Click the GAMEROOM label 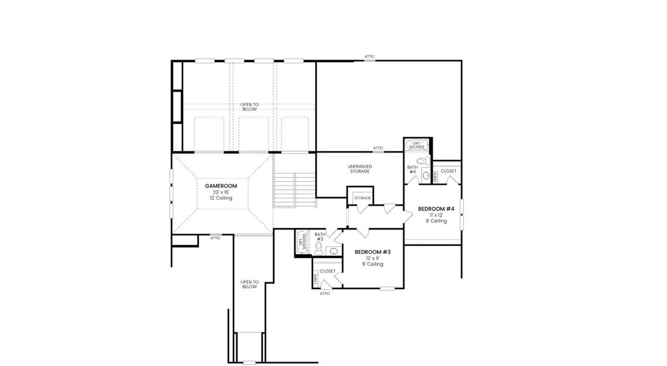(221, 185)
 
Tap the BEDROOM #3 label (372, 252)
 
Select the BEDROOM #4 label (436, 209)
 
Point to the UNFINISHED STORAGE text (359, 169)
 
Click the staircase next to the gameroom (295, 190)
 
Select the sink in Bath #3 (333, 250)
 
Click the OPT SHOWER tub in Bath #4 (417, 146)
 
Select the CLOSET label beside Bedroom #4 (448, 171)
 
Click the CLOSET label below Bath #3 (327, 271)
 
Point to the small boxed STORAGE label (362, 198)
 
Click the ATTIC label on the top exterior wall (370, 57)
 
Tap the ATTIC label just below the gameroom (215, 238)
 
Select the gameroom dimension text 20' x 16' (221, 192)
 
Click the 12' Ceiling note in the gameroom (221, 198)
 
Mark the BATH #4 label (412, 169)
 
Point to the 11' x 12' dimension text (436, 215)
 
